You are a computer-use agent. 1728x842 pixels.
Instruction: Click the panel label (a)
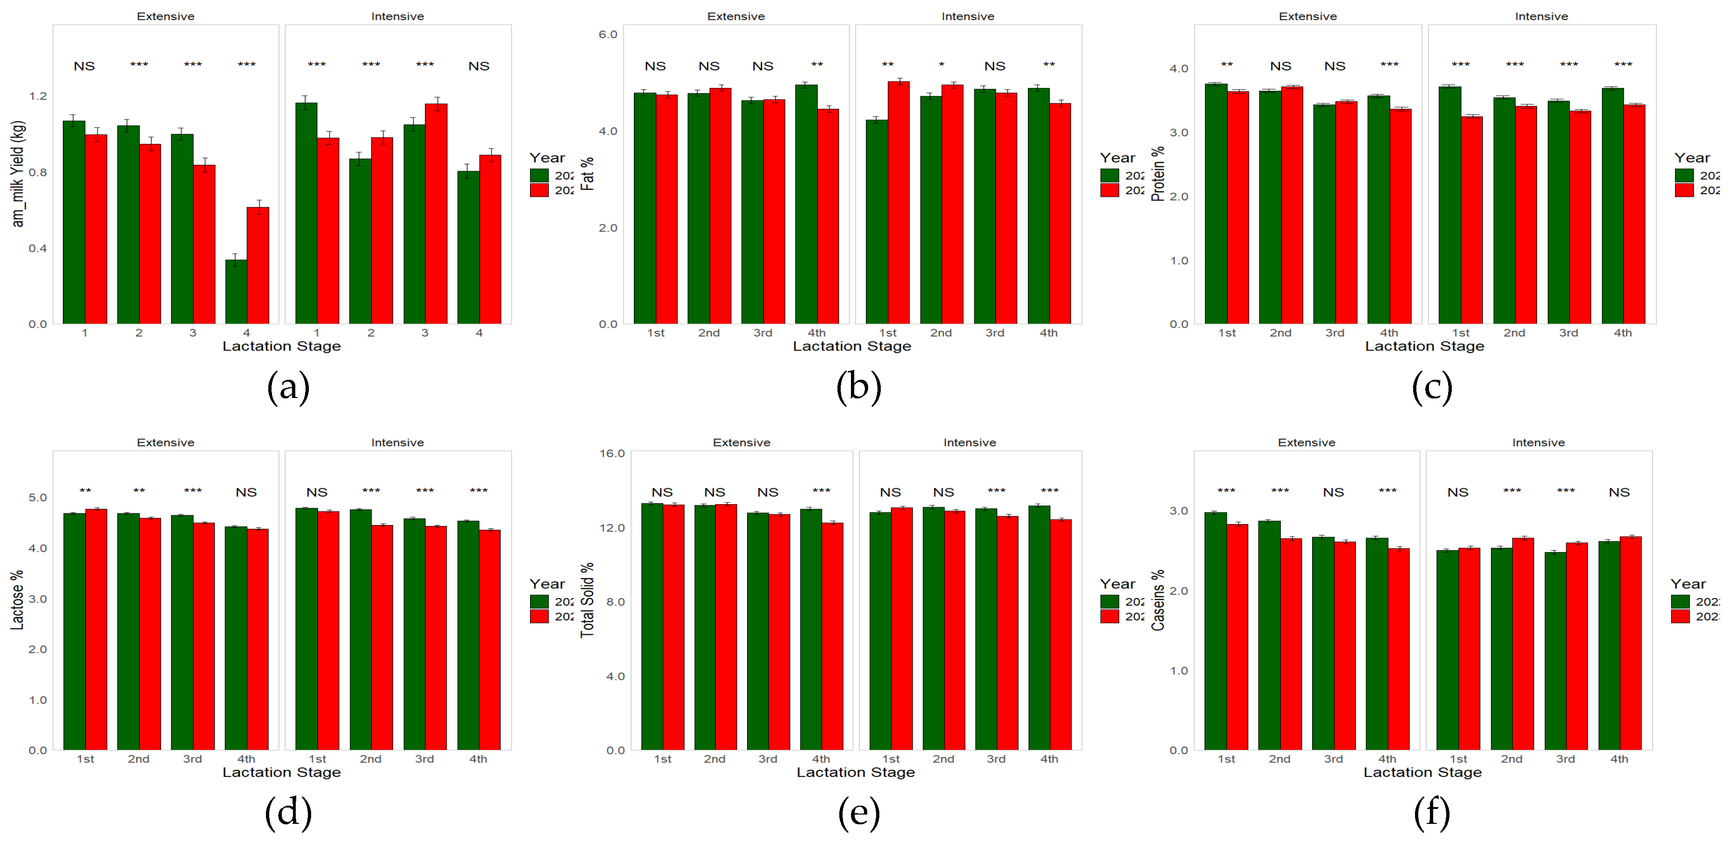pos(288,387)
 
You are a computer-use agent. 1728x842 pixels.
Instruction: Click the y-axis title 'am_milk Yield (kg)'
pos(18,174)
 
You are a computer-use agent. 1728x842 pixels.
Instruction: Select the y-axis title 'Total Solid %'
pos(588,600)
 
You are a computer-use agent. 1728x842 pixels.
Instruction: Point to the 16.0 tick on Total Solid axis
pos(612,454)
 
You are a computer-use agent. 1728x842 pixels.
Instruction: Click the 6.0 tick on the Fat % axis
pos(608,34)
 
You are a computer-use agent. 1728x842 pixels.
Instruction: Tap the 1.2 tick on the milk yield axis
pos(38,96)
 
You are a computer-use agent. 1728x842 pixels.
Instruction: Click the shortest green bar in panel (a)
pos(236,292)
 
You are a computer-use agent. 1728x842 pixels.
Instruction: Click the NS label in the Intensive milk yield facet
pos(479,67)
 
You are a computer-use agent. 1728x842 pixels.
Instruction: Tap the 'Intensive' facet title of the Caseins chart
pos(1538,443)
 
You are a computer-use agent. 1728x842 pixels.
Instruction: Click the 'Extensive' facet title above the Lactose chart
pos(166,443)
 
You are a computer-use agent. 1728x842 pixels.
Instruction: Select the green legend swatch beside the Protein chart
pos(1684,175)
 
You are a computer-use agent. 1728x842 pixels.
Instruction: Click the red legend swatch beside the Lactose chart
pos(539,616)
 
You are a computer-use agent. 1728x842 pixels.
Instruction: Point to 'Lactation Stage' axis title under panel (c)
pos(1424,346)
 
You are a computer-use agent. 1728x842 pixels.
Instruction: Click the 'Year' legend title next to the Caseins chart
pos(1688,584)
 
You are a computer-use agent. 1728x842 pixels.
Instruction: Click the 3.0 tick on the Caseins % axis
pos(1178,511)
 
